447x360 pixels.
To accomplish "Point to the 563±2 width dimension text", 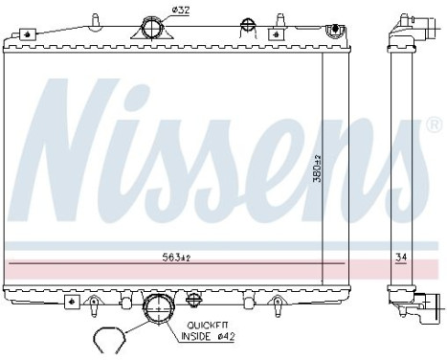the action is tap(177, 256).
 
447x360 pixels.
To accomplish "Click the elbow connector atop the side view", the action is tap(400, 30).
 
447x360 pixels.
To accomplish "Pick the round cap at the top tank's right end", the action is tap(332, 34).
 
